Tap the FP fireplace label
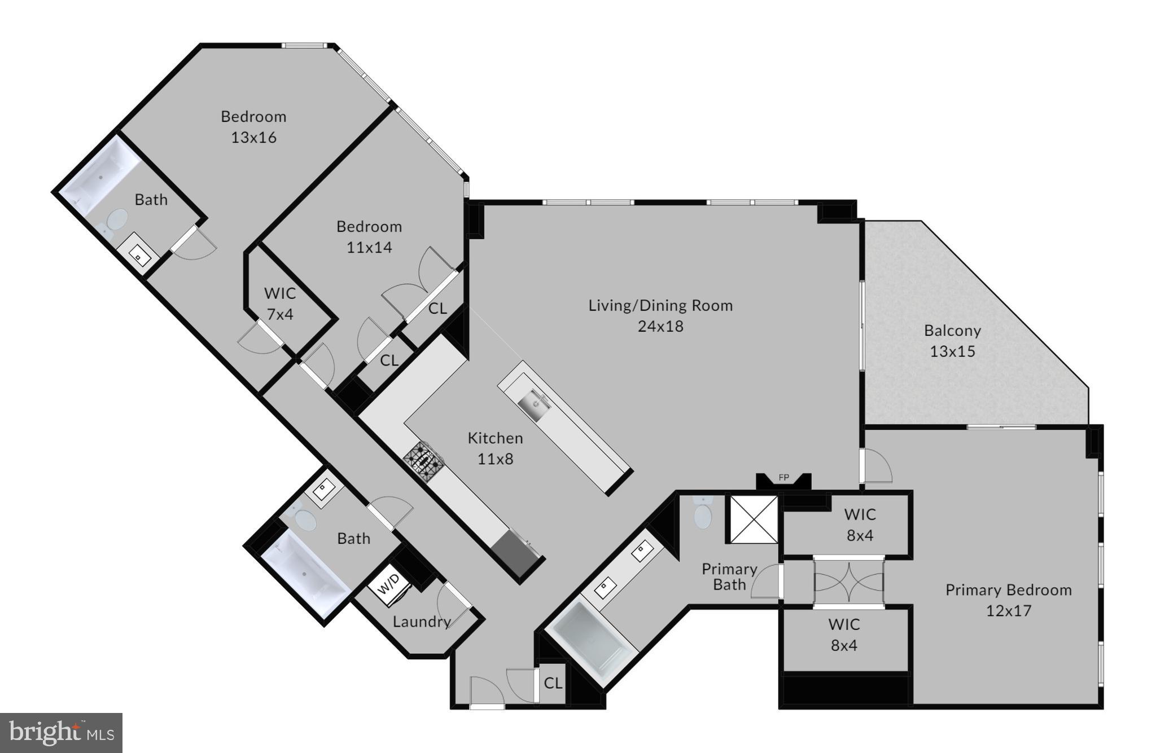[x=783, y=478]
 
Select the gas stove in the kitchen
[x=425, y=460]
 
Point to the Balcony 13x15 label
[x=952, y=341]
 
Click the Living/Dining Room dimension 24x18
[x=660, y=327]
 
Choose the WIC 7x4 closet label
[x=280, y=303]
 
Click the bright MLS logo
[x=61, y=732]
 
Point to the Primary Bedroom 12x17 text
[x=1009, y=600]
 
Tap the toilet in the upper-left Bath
[x=116, y=221]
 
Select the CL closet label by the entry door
[x=553, y=683]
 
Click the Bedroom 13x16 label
[x=253, y=126]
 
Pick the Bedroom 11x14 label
[x=369, y=236]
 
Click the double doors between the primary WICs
[x=848, y=583]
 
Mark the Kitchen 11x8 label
[x=495, y=448]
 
